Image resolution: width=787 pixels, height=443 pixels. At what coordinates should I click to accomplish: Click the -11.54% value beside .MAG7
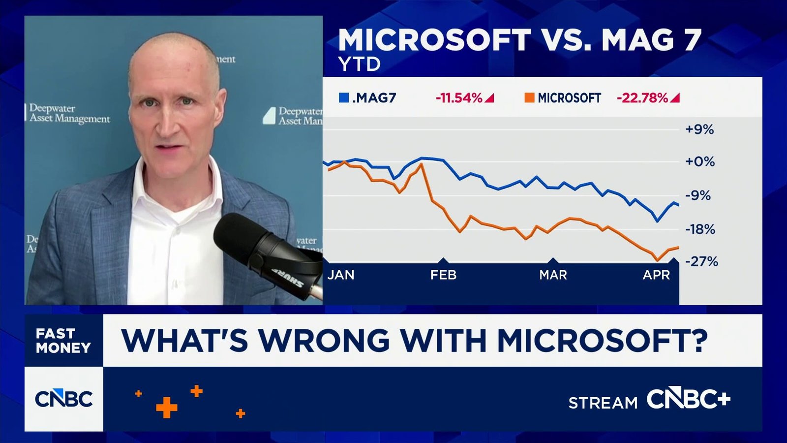(459, 98)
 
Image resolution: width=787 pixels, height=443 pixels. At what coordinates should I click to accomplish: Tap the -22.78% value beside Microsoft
(642, 98)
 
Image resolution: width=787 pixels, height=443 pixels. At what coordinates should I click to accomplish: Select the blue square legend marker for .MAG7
(344, 97)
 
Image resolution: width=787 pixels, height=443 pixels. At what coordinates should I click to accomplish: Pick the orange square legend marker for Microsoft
(529, 97)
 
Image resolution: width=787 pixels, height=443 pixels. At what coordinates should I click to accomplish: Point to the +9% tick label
(699, 129)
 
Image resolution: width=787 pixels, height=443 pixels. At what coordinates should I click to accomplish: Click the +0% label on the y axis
(699, 161)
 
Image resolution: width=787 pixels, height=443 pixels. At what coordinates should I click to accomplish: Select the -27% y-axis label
(701, 261)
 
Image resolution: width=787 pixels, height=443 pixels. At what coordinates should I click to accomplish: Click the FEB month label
(443, 275)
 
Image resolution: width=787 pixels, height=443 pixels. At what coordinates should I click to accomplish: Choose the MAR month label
(553, 275)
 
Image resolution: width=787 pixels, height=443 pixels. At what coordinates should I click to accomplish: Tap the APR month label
(656, 275)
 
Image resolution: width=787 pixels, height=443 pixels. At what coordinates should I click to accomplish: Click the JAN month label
(341, 275)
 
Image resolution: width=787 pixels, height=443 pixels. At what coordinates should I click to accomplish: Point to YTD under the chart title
(360, 64)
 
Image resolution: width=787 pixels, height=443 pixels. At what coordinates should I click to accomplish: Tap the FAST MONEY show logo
(63, 341)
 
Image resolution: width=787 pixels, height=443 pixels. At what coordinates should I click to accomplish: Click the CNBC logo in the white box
(63, 399)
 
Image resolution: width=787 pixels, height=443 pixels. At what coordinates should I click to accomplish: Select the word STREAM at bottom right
(603, 403)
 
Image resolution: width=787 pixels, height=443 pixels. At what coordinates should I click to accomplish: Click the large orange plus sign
(166, 408)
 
